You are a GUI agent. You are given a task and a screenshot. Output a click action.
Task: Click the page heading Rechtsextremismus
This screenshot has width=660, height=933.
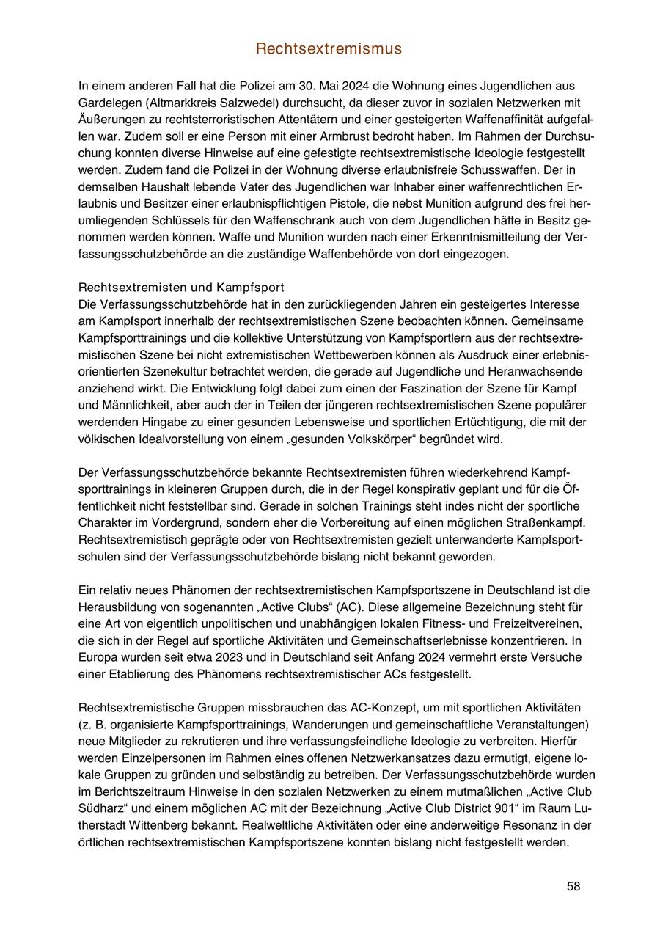point(329,49)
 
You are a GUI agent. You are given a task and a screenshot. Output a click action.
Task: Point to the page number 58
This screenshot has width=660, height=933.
point(573,886)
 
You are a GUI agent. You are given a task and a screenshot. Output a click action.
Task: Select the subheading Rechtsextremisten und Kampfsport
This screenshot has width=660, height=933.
point(181,286)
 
